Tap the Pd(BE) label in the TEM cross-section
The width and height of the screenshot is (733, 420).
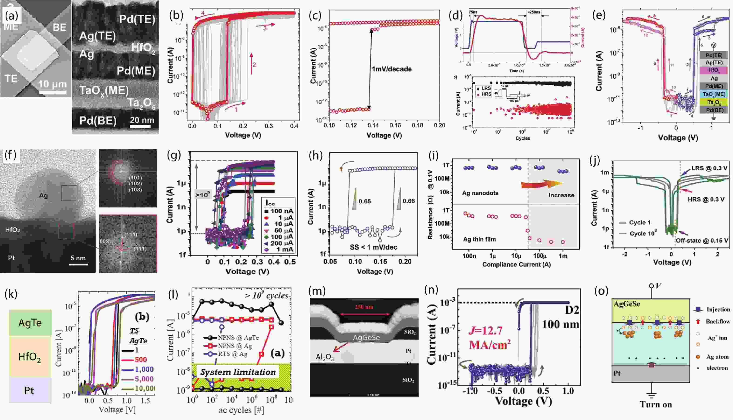click(x=98, y=120)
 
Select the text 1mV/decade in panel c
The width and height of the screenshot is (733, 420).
click(x=392, y=69)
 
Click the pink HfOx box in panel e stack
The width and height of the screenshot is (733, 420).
click(x=714, y=70)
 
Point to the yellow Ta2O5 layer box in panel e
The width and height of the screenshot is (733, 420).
click(x=714, y=102)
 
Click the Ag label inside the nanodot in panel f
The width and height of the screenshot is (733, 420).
click(x=43, y=196)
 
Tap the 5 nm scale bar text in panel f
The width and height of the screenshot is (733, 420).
click(x=78, y=258)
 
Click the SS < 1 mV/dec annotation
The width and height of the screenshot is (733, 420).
click(x=373, y=247)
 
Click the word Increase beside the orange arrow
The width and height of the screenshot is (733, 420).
click(x=561, y=195)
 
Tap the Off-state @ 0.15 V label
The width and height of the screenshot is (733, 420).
click(x=702, y=240)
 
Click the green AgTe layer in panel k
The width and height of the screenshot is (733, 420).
click(x=30, y=323)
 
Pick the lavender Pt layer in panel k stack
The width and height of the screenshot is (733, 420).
click(x=30, y=390)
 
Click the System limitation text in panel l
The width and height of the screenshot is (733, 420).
click(x=238, y=372)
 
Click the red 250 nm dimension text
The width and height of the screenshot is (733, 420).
click(x=364, y=307)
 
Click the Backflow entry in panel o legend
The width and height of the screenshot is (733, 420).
click(x=718, y=321)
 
